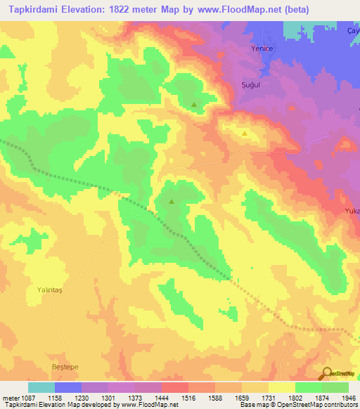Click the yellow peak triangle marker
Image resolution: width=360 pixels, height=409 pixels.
pos(244,133)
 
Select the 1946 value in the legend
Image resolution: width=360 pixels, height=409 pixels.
pos(348,398)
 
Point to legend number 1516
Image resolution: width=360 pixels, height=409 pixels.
pos(188,398)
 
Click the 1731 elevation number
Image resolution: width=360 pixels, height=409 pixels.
pos(268,398)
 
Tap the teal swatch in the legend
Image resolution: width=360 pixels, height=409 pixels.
pos(41,387)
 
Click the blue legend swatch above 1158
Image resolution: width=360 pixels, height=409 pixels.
pos(67,387)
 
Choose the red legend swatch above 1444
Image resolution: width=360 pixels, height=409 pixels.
pos(174,387)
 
